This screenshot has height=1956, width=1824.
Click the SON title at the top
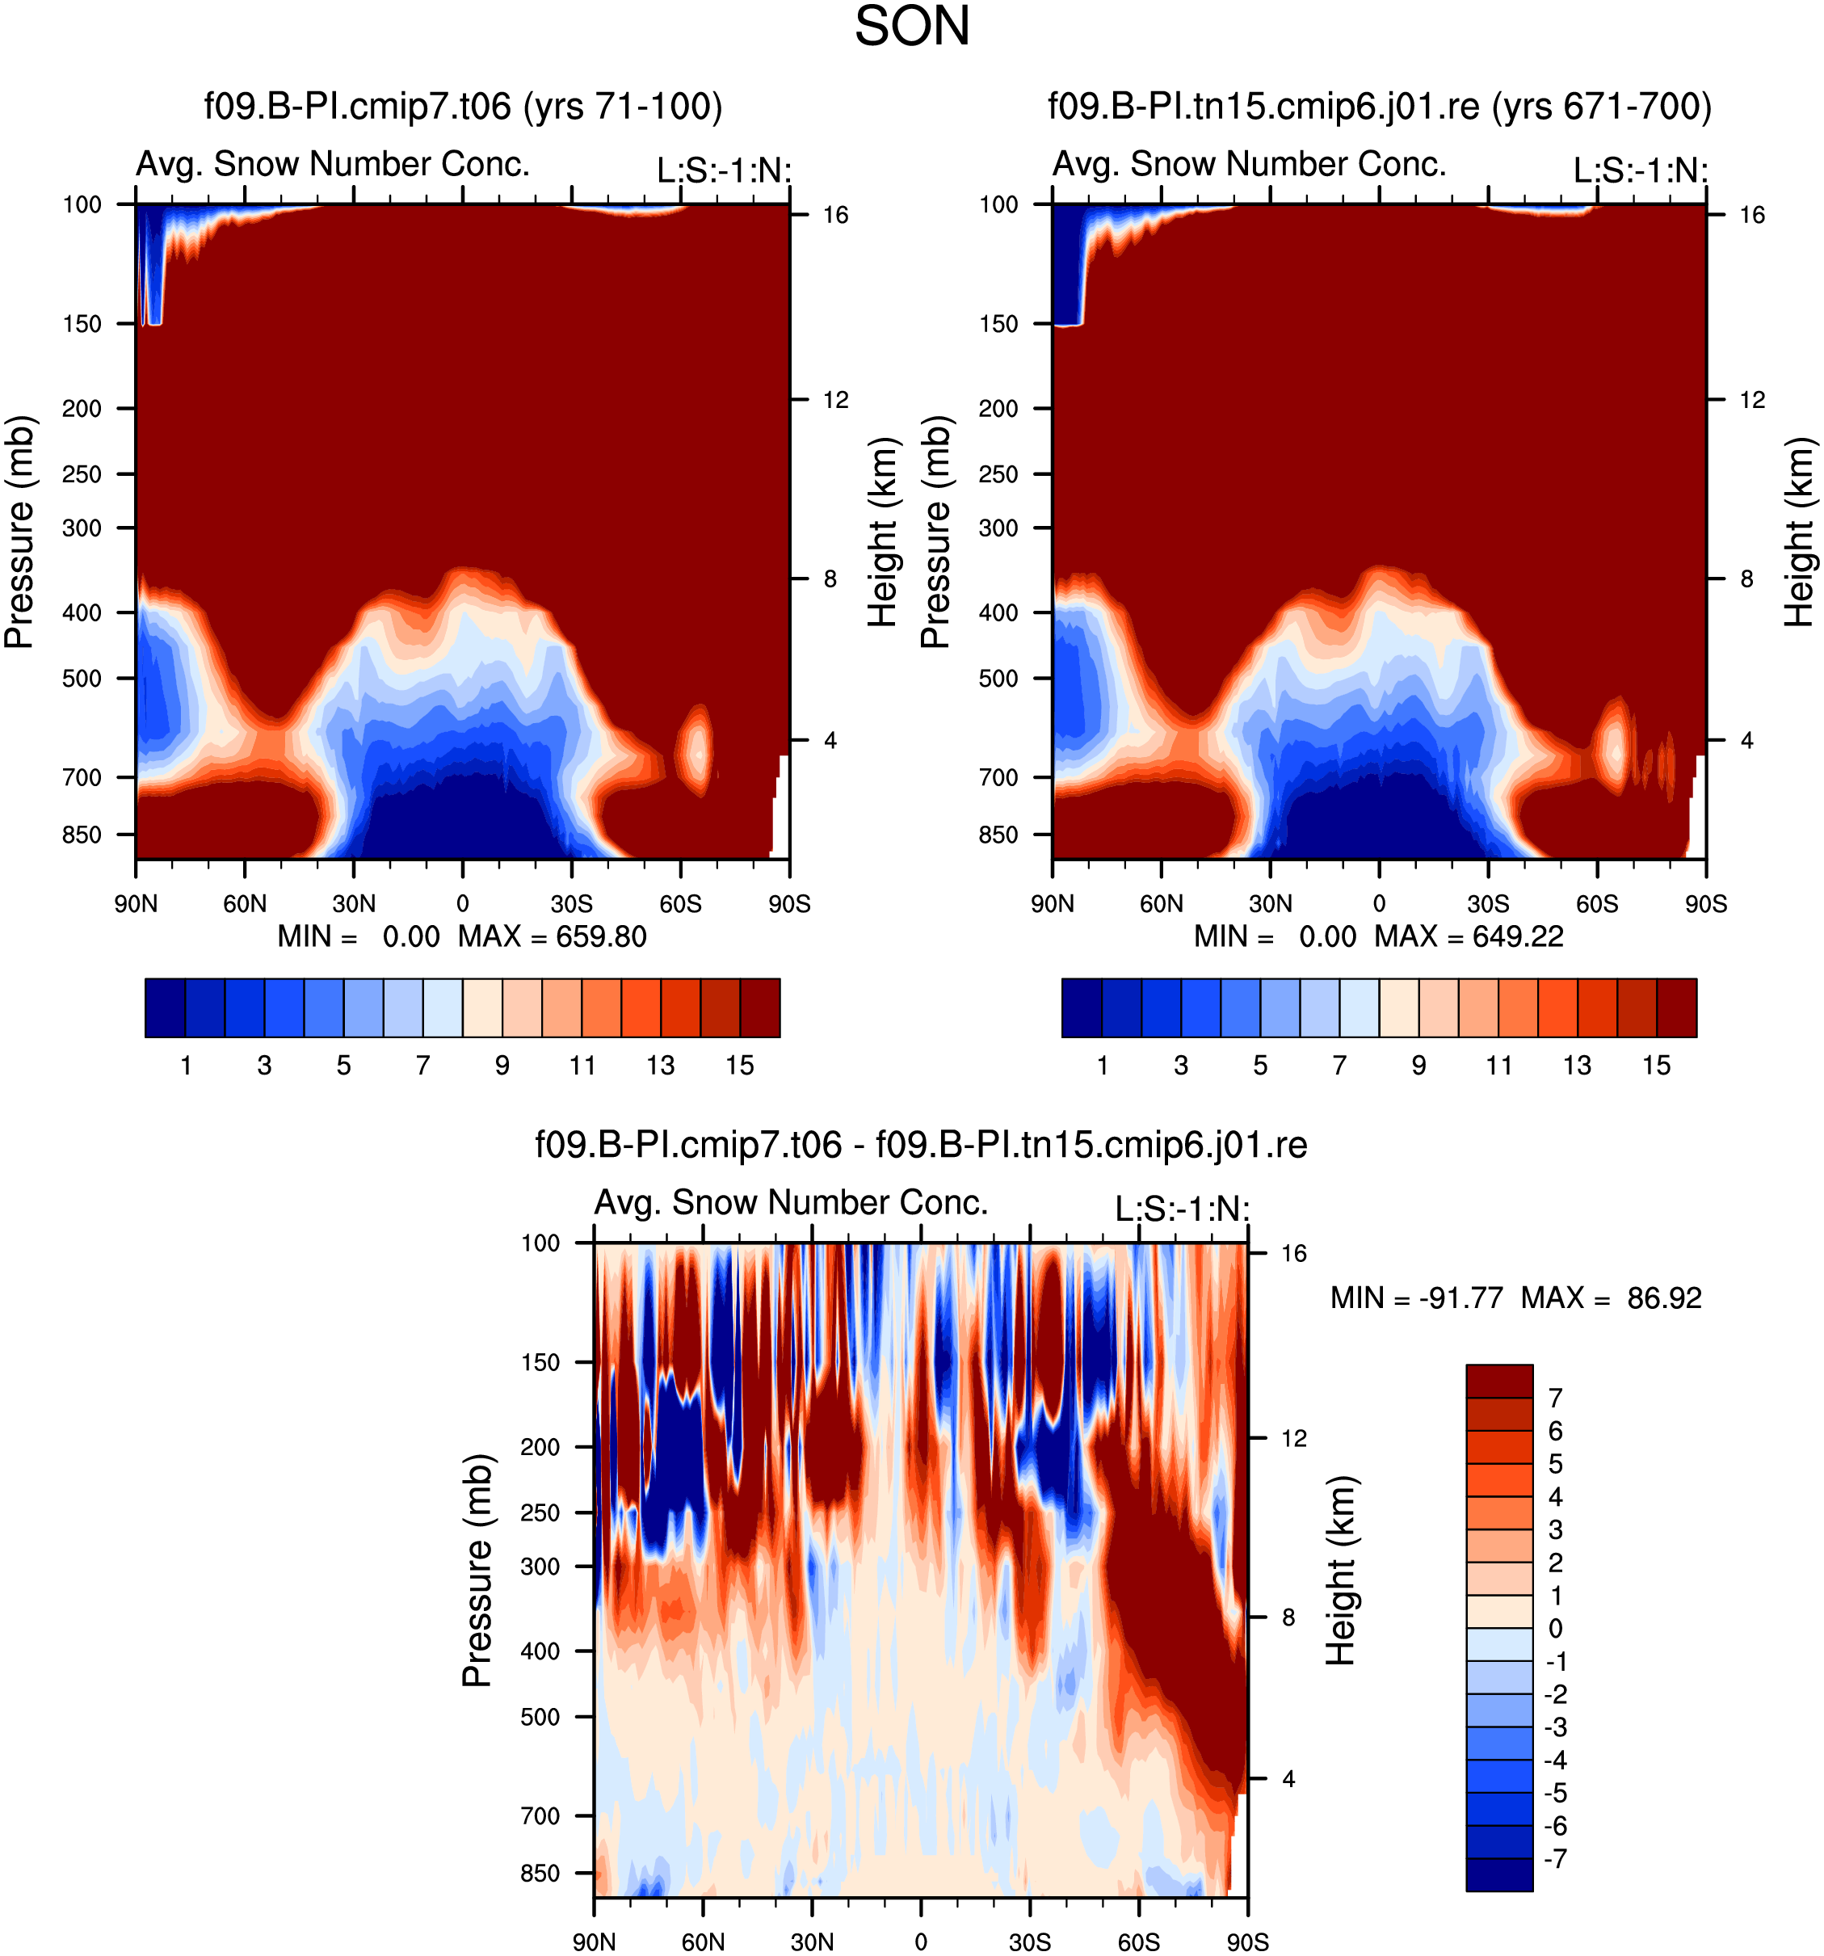pyautogui.click(x=911, y=27)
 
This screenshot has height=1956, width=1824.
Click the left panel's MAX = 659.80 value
pyautogui.click(x=552, y=936)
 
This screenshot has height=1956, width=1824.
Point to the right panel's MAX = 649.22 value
pyautogui.click(x=1469, y=936)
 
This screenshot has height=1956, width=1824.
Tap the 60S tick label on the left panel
pyautogui.click(x=681, y=903)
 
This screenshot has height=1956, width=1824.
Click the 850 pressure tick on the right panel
pyautogui.click(x=998, y=835)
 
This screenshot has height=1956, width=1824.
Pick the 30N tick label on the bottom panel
pyautogui.click(x=812, y=1941)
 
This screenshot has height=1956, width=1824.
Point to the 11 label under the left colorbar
pyautogui.click(x=582, y=1065)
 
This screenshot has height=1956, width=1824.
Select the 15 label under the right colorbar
pyautogui.click(x=1657, y=1065)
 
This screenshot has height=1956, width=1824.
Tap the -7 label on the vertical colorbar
pyautogui.click(x=1557, y=1858)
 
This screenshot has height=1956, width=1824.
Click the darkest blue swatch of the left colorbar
pyautogui.click(x=166, y=1007)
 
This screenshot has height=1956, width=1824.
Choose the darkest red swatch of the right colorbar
pyautogui.click(x=1676, y=1007)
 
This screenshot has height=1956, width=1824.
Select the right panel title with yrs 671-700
pyautogui.click(x=1380, y=105)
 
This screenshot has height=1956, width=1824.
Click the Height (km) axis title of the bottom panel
pyautogui.click(x=1341, y=1571)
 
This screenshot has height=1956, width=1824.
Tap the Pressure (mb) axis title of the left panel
pyautogui.click(x=19, y=532)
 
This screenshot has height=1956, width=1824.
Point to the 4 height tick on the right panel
pyautogui.click(x=1746, y=740)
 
